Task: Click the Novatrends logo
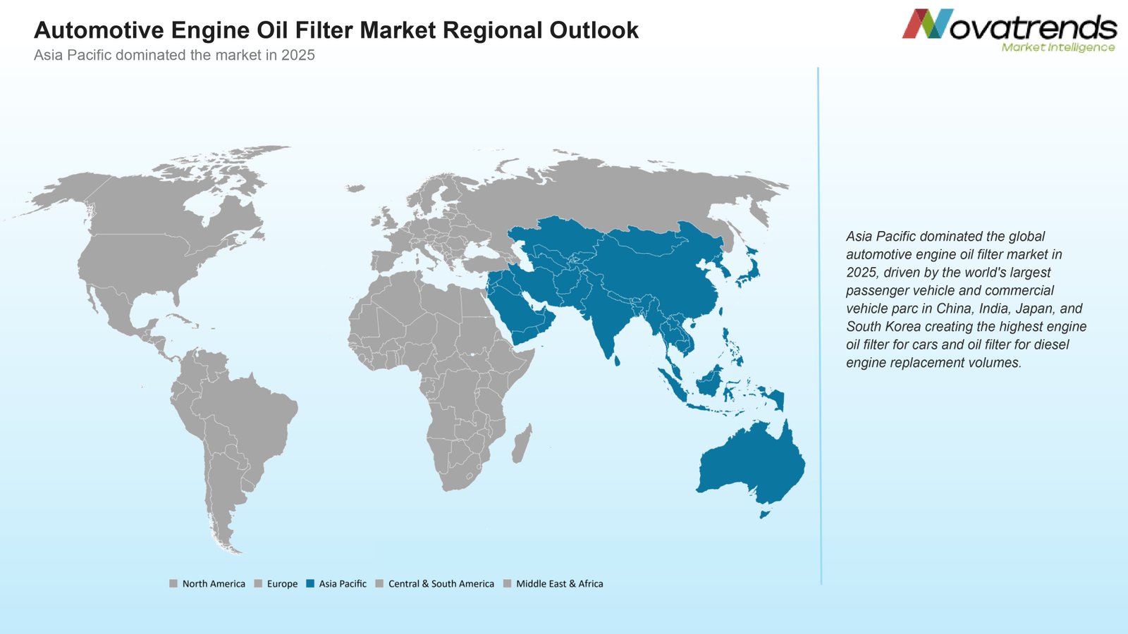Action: tap(1009, 30)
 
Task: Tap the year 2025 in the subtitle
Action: tap(298, 55)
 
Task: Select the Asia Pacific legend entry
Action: tap(336, 584)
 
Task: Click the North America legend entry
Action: tap(207, 584)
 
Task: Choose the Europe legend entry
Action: tap(276, 584)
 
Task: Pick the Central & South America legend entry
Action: tap(435, 584)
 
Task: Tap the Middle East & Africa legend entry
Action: tap(553, 584)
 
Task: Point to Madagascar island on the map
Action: tap(522, 444)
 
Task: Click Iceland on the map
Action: tap(356, 188)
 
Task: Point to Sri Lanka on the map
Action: tap(616, 360)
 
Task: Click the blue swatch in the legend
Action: tap(310, 584)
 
